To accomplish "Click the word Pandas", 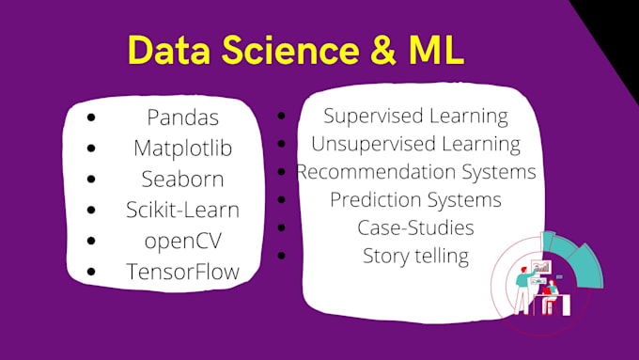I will (x=182, y=118).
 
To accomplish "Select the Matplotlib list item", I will (x=182, y=149).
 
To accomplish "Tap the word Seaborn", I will (x=182, y=179).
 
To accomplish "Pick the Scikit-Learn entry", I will (x=182, y=209).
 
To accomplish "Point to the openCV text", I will (x=182, y=240).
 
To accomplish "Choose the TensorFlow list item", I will (x=182, y=272).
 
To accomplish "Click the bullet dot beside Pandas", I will (x=90, y=119).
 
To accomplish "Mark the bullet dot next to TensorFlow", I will (x=90, y=273).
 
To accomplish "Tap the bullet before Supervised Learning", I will (x=281, y=117).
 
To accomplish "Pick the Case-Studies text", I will (x=415, y=227).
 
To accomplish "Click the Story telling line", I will (x=415, y=255).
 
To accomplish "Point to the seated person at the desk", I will (x=552, y=291).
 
